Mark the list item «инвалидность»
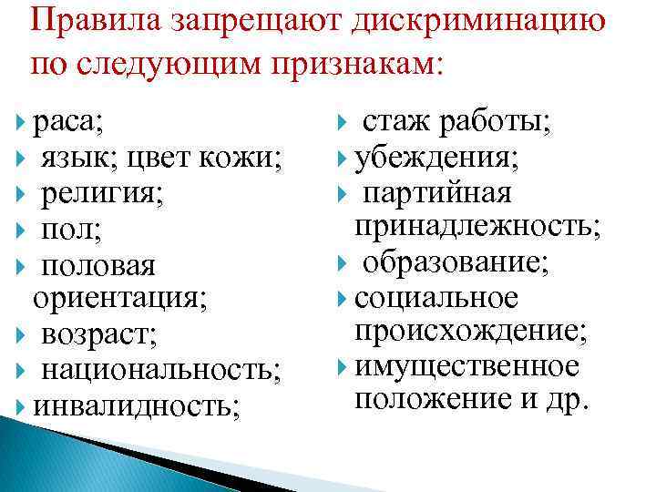coord(137,404)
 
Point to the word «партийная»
coord(437,193)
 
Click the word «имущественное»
coord(466,366)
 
